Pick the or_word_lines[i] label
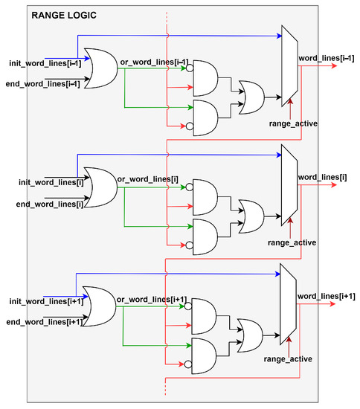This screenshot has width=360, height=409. click(147, 178)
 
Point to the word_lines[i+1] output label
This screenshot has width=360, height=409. click(327, 296)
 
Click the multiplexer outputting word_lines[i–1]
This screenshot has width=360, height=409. click(289, 64)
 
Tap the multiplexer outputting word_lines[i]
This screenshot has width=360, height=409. click(289, 184)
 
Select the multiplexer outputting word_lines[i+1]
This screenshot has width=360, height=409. click(289, 304)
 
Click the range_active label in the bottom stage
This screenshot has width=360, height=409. click(289, 360)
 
